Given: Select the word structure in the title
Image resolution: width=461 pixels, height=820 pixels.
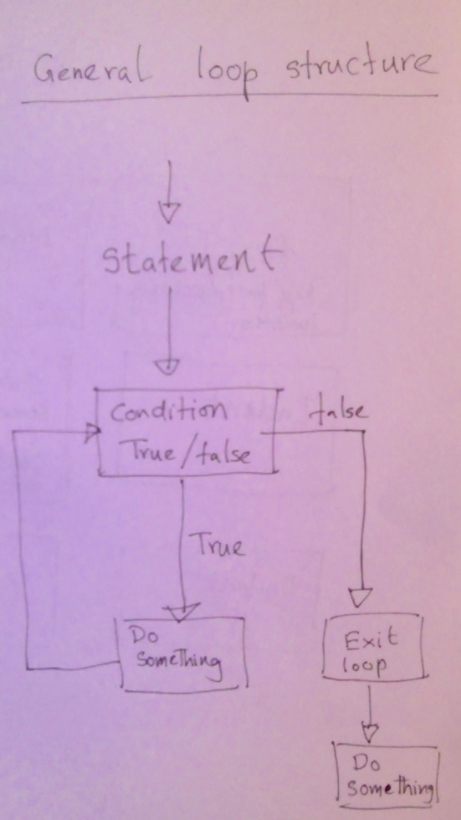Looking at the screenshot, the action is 361,66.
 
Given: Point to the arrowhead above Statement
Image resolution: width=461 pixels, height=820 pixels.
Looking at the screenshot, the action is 168,213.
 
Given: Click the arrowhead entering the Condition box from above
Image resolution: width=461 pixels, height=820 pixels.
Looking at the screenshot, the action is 166,366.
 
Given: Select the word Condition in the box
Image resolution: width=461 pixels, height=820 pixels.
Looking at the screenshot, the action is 168,411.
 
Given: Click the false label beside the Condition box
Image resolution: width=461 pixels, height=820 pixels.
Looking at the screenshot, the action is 338,411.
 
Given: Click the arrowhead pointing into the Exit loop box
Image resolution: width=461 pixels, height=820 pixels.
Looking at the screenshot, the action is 360,597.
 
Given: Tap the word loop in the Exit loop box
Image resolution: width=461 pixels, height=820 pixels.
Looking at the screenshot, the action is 364,664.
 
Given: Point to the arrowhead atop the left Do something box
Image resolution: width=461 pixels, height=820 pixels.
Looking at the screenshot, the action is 181,612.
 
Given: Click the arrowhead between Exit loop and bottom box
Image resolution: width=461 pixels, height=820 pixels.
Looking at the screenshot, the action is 369,733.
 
